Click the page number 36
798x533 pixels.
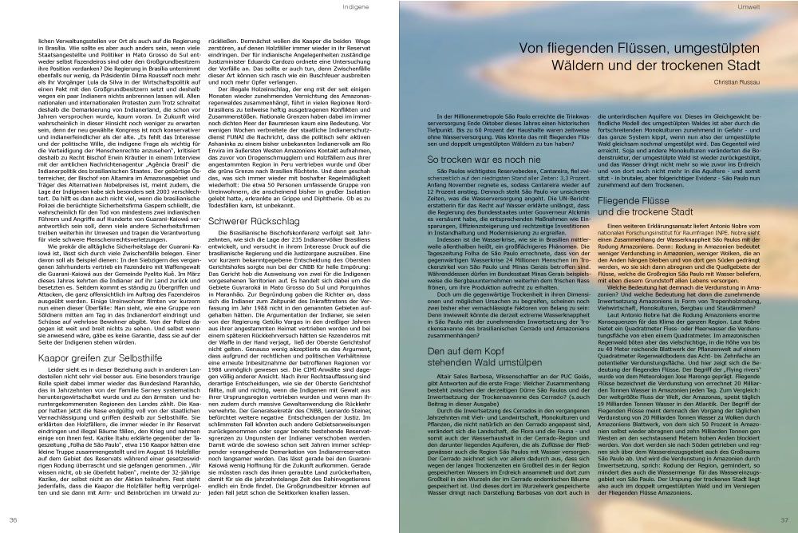click(14, 519)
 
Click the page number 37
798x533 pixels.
click(784, 519)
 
